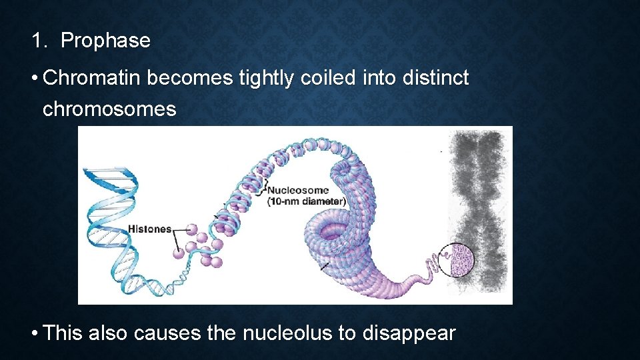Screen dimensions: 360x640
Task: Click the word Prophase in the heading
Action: coord(105,41)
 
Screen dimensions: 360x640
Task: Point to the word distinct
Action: coord(435,79)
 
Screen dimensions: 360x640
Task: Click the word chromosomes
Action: coord(109,109)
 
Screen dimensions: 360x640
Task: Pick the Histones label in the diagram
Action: coord(149,229)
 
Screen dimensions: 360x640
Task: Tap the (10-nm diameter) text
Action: coord(307,201)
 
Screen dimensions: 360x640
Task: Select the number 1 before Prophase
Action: coord(37,41)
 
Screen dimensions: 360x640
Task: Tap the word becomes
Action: coord(189,79)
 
